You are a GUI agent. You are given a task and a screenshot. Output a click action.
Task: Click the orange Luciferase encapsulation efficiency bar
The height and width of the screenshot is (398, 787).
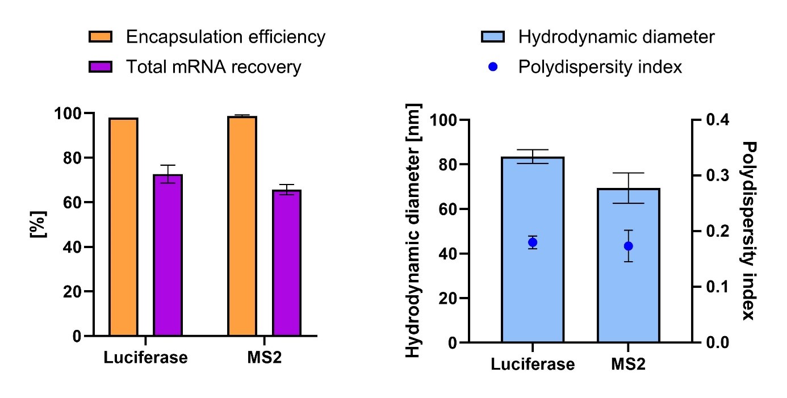pos(124,227)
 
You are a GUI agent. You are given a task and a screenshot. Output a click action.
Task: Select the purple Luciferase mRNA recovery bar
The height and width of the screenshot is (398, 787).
pos(168,255)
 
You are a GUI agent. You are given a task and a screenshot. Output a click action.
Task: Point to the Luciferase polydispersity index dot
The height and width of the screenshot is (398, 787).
pos(532,242)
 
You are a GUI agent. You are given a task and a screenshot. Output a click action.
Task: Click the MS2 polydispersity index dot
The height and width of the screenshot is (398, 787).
pos(628,246)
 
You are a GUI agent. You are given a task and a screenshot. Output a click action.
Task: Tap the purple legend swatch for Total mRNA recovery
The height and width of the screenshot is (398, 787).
pos(101,67)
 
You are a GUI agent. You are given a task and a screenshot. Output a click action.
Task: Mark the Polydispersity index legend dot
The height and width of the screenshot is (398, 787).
pos(493,67)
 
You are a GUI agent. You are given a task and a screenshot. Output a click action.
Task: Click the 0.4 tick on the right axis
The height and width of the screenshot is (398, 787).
pos(717,120)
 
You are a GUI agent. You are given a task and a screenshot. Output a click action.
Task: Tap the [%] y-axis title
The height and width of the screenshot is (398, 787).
pos(39,224)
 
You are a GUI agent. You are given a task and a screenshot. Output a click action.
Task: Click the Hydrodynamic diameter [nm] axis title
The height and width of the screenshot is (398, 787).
pos(413,231)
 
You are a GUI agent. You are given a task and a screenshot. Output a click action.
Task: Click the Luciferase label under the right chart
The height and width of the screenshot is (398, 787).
pos(533,364)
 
